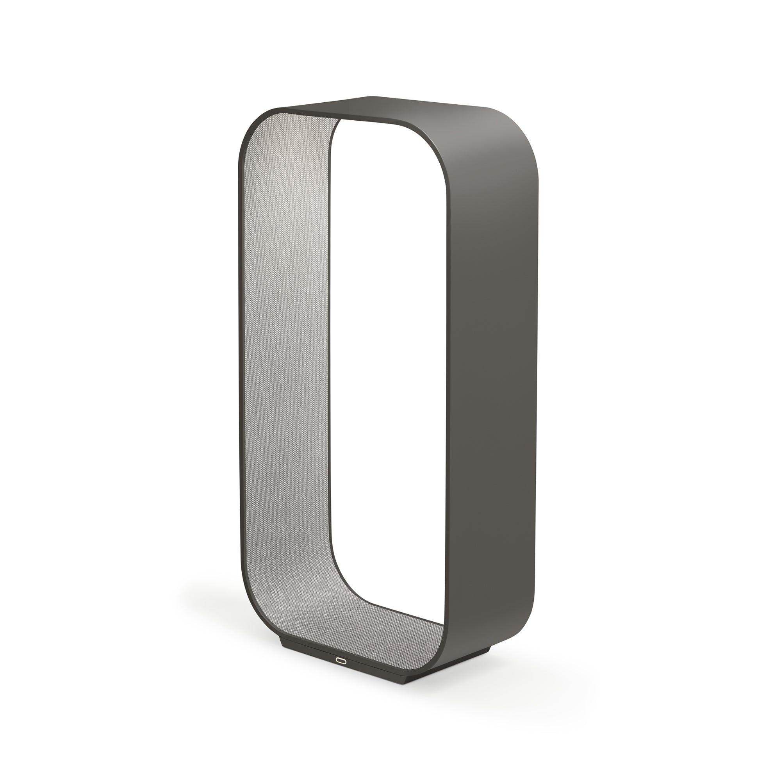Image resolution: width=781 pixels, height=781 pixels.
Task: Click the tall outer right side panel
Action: [x=495, y=364]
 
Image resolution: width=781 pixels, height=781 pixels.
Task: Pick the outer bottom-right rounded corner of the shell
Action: [x=521, y=631]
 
